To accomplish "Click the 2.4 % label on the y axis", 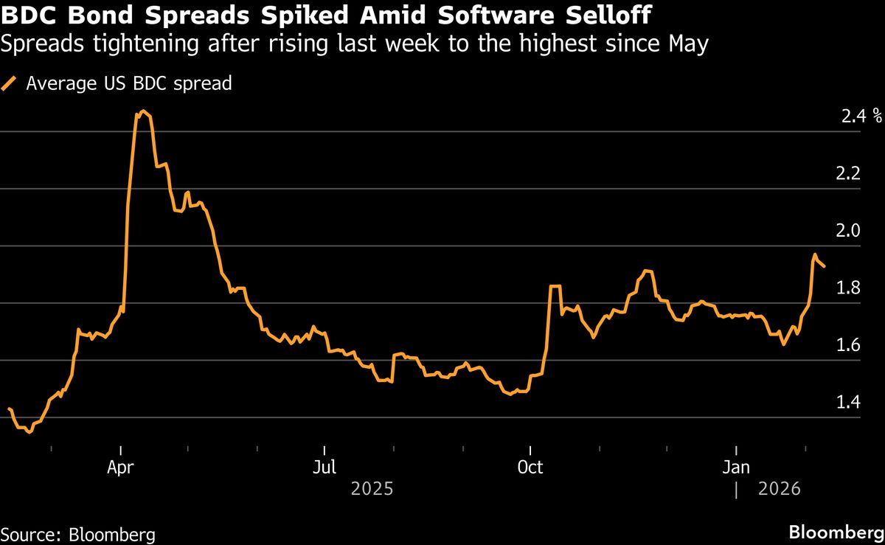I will click(x=860, y=116).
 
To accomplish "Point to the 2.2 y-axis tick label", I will click(x=850, y=173).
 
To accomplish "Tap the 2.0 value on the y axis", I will click(x=850, y=230).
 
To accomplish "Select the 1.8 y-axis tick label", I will click(x=850, y=288).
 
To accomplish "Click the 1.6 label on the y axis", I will click(x=850, y=344).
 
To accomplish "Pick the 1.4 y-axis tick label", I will click(x=850, y=402).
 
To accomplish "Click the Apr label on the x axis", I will click(x=121, y=468).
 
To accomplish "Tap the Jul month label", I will click(x=324, y=468).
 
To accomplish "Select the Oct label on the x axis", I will click(x=530, y=468).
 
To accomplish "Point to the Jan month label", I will click(x=736, y=468).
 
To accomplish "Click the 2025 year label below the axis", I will click(x=372, y=489).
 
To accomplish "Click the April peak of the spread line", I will click(x=143, y=111).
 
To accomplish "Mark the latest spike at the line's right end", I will click(x=815, y=254).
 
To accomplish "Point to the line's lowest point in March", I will click(x=29, y=432).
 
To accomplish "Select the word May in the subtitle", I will click(x=687, y=45).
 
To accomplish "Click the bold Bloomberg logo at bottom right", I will click(x=836, y=532).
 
